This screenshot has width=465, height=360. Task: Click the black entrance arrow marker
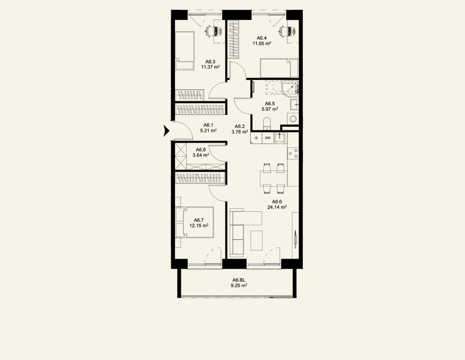[x=166, y=131]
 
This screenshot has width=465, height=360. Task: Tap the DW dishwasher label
[x=268, y=138]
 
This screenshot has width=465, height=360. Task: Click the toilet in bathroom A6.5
[x=267, y=124]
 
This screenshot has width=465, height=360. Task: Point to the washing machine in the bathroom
[x=293, y=119]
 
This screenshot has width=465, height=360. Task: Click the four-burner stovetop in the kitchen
[x=293, y=153]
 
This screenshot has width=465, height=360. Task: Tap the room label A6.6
[x=277, y=201]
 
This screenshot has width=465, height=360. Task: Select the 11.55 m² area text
[x=262, y=43]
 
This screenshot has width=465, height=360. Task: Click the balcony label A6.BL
[x=239, y=280]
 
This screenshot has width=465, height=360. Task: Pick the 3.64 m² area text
[x=201, y=155]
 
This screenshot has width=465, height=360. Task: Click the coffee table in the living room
[x=256, y=240]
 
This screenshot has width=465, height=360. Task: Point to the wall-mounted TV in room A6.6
[x=295, y=239]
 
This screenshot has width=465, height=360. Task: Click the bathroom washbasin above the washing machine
[x=295, y=104]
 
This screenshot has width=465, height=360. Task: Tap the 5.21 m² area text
[x=208, y=130]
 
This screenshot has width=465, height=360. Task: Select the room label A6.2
[x=240, y=126]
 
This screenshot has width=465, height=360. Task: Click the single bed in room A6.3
[x=185, y=51]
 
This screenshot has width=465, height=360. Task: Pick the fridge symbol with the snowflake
[x=256, y=138]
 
